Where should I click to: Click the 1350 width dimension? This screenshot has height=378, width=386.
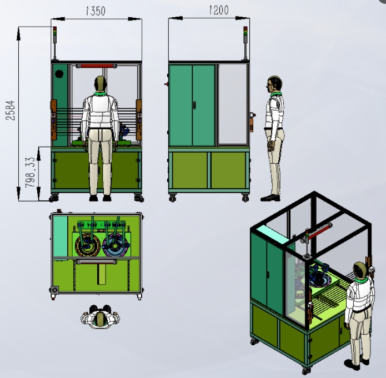[96, 11]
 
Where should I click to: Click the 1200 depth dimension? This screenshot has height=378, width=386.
[218, 10]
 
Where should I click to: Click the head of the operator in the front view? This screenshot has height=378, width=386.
[100, 84]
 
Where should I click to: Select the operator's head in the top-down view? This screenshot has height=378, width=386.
[101, 319]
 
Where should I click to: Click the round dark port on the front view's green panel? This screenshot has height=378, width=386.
[59, 73]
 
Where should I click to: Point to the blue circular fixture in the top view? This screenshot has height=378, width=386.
[115, 246]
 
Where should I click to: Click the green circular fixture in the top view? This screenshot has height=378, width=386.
[87, 246]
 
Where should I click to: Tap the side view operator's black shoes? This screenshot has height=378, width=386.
[270, 197]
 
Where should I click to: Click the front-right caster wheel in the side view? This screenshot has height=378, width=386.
[245, 198]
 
